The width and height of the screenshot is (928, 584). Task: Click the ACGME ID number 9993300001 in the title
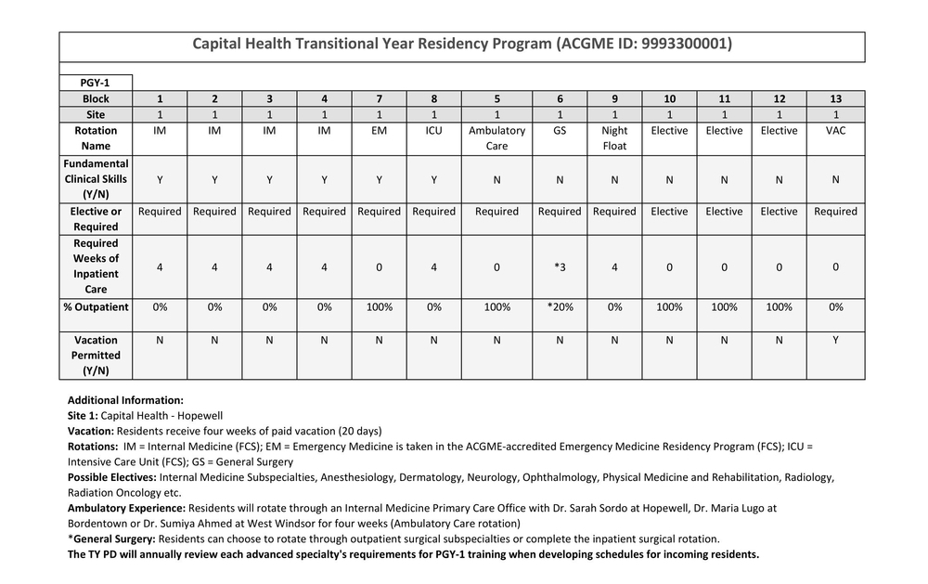click(x=688, y=44)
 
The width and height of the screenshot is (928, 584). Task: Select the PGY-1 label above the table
click(x=96, y=83)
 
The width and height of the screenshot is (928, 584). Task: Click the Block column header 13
click(x=835, y=98)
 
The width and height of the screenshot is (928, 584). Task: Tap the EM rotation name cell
click(x=379, y=131)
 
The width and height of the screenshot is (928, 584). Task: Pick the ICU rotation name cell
click(x=433, y=131)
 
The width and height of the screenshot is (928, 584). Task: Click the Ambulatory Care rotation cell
click(x=496, y=138)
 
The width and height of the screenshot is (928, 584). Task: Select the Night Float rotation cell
click(x=614, y=138)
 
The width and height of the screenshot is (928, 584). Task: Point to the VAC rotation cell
click(x=835, y=131)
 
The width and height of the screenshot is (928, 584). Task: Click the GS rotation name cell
click(x=560, y=131)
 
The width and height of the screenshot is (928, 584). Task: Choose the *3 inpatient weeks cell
click(x=560, y=266)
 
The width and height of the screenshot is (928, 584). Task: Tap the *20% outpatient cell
click(x=560, y=307)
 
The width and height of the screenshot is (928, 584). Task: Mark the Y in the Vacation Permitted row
click(x=835, y=340)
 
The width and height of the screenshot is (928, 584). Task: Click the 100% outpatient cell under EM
click(x=379, y=307)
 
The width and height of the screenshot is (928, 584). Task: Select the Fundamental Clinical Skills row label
click(x=96, y=179)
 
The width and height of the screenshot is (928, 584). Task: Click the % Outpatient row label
click(x=96, y=307)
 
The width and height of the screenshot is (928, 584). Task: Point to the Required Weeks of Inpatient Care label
click(x=96, y=266)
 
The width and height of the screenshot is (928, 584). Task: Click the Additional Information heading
click(x=125, y=400)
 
